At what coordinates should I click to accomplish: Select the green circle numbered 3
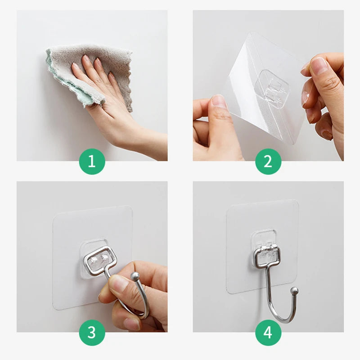[x=92, y=333]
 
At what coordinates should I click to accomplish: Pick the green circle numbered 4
[x=268, y=333]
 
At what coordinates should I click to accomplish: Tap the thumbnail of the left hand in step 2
[x=219, y=101]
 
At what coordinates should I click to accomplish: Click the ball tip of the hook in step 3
[x=135, y=276]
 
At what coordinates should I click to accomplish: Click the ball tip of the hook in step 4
[x=294, y=291]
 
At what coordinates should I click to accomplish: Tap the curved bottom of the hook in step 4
[x=281, y=319]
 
